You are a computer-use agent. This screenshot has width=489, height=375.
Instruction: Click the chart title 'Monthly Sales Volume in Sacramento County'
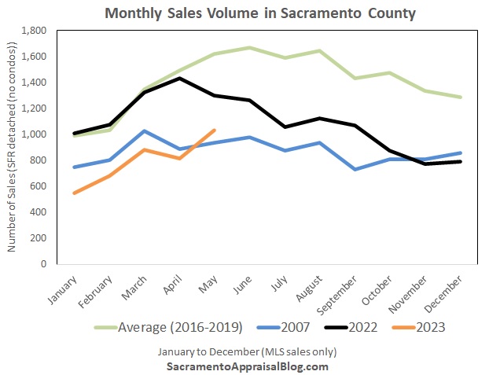click(259, 13)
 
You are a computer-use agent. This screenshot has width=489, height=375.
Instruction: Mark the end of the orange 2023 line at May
click(215, 131)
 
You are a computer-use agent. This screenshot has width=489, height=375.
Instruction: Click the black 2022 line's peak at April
click(179, 78)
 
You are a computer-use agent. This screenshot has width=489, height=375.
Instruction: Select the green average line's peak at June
click(249, 48)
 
